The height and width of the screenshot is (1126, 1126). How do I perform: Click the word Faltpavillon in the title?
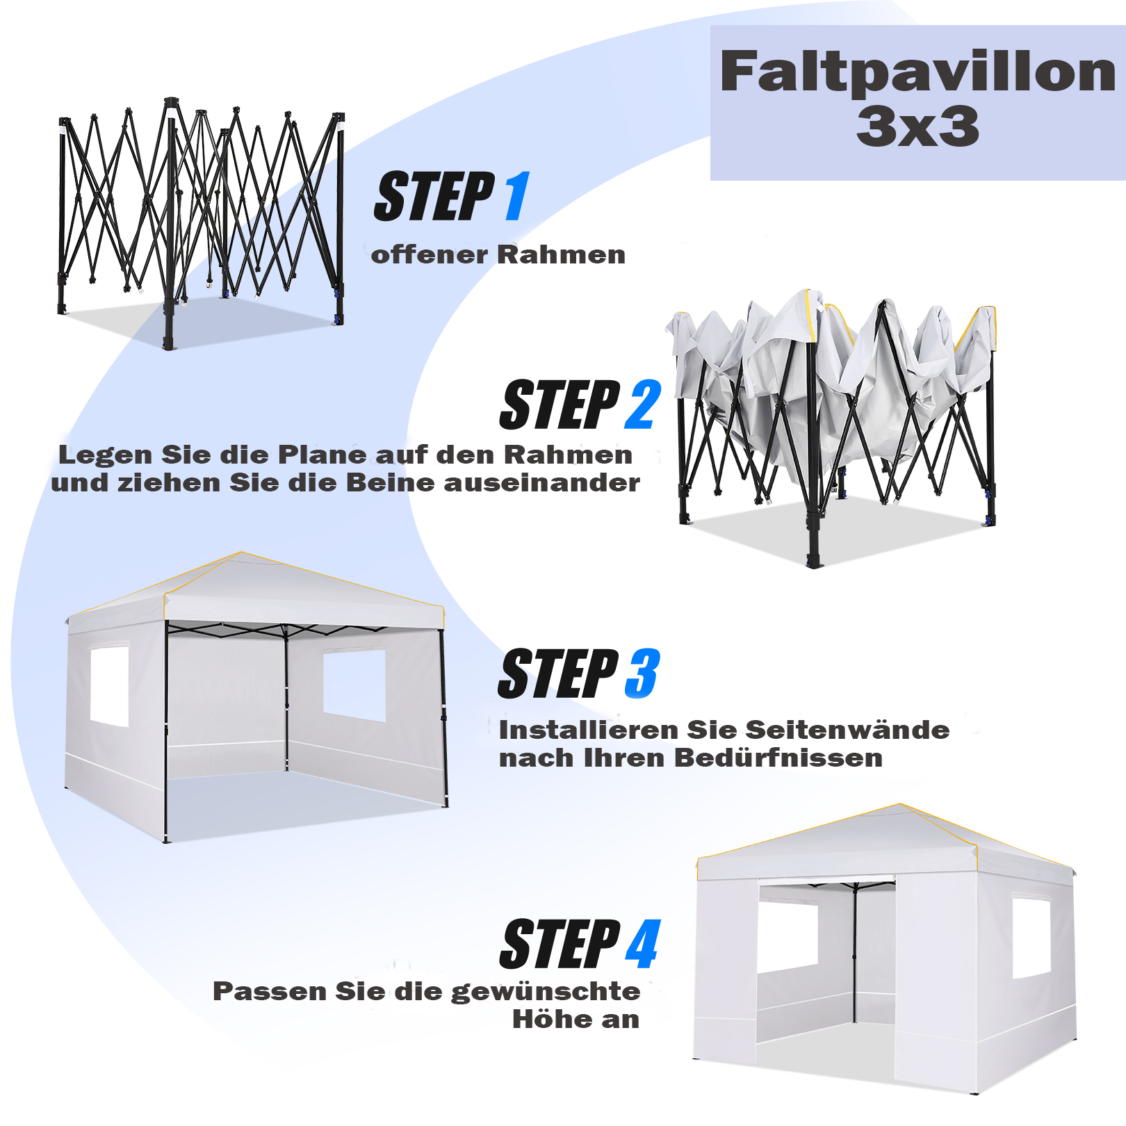917,72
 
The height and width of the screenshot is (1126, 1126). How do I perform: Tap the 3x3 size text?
917,127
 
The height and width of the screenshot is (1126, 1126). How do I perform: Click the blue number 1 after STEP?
517,196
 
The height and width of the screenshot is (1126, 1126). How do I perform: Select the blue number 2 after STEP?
643,405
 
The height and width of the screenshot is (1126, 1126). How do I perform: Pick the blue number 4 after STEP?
643,943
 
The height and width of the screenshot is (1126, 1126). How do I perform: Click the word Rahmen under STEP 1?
562,254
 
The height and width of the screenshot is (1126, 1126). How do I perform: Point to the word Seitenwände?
847,730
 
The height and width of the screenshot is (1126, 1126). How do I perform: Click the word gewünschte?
546,992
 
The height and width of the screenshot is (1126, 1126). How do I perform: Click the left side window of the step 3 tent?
110,687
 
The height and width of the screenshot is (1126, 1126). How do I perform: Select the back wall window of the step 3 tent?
354,685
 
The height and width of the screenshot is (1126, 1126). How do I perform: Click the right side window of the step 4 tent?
1031,938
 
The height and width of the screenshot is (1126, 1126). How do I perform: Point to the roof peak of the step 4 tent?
901,805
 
